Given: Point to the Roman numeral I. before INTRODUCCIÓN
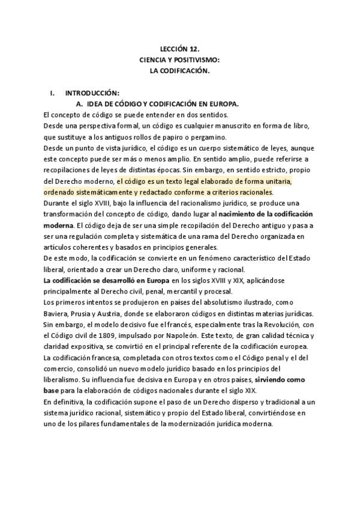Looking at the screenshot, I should pyautogui.click(x=53, y=93).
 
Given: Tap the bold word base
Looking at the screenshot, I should pyautogui.click(x=52, y=391).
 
